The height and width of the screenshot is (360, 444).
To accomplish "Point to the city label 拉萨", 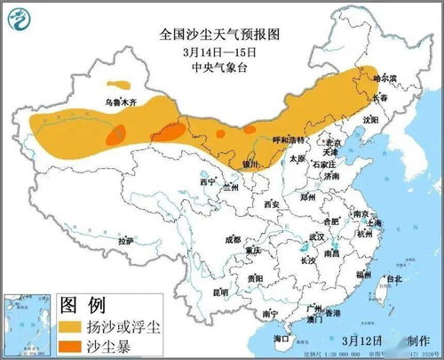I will pyautogui.click(x=124, y=240).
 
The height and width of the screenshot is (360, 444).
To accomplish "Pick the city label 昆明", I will pyautogui.click(x=220, y=292).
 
